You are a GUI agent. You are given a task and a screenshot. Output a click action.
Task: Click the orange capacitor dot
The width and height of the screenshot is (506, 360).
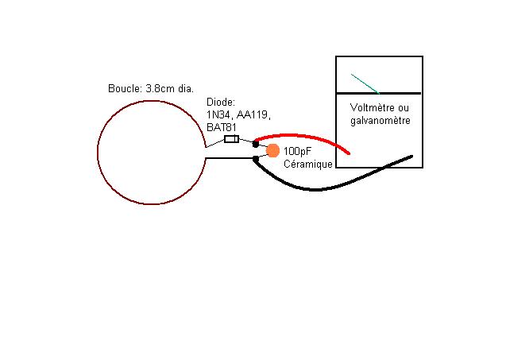click(x=272, y=151)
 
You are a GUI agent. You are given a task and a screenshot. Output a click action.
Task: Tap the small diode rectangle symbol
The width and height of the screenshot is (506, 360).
click(x=231, y=139)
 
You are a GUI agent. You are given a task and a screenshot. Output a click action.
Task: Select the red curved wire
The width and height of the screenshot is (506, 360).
click(x=302, y=136)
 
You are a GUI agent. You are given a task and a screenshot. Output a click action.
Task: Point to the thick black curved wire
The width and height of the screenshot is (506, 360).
click(x=318, y=188)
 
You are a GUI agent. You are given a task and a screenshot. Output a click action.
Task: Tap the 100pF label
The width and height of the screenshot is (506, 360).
click(x=296, y=150)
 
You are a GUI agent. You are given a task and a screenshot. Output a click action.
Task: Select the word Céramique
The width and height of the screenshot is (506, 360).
click(x=308, y=163)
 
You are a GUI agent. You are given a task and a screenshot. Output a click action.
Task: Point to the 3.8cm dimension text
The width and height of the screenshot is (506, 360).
click(x=161, y=88)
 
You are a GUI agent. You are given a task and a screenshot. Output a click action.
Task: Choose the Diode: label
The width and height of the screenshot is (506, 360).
click(x=220, y=103)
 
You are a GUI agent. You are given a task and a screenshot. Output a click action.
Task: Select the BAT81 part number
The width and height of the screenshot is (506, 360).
click(x=222, y=126)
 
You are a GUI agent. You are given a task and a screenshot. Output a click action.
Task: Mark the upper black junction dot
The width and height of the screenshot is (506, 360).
click(x=256, y=144)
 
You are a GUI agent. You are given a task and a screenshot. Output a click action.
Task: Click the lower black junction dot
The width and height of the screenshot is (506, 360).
click(x=255, y=158)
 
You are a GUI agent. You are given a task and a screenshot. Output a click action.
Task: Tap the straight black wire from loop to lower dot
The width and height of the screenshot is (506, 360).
click(x=229, y=158)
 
